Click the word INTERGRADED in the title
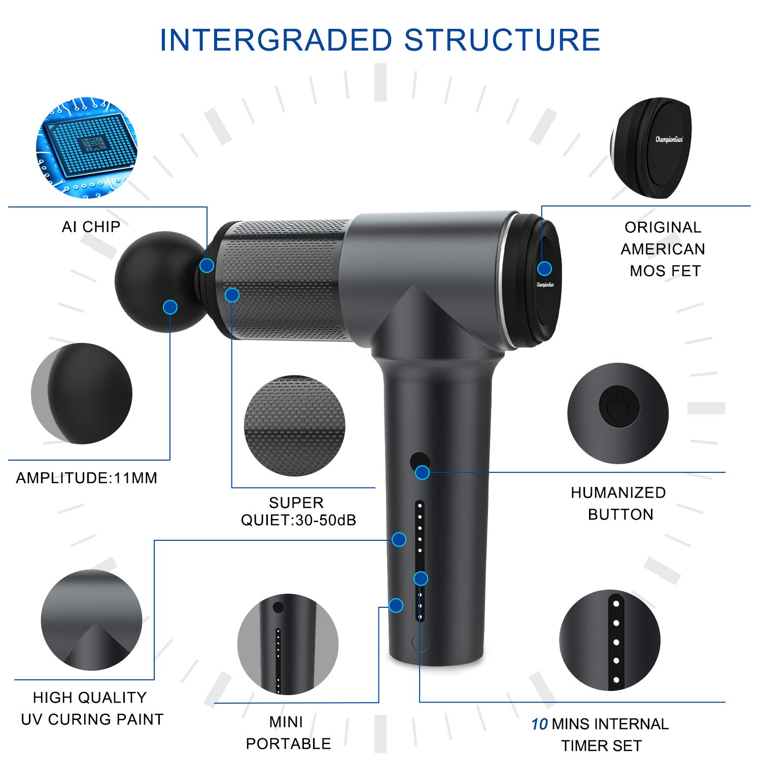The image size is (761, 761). click(276, 40)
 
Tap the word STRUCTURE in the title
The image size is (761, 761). click(502, 40)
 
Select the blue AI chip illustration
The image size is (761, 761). click(87, 148)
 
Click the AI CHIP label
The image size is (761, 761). click(91, 227)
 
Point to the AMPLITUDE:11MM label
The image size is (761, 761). click(87, 478)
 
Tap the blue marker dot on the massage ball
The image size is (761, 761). click(170, 307)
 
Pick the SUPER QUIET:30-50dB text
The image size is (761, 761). click(298, 511)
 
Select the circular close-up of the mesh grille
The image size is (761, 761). click(295, 426)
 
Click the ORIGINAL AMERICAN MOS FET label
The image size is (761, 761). click(663, 249)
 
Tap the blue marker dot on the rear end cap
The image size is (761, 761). click(544, 268)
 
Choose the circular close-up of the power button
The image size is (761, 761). click(617, 413)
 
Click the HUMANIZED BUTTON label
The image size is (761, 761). click(619, 503)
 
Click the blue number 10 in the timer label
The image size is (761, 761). click(539, 724)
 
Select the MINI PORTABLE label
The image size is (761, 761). click(288, 733)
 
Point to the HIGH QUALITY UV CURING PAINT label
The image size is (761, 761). click(91, 708)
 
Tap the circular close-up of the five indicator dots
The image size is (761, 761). click(610, 640)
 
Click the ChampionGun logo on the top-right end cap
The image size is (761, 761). click(669, 139)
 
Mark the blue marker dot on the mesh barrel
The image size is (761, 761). click(232, 295)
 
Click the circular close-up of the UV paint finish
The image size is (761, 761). click(91, 620)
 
